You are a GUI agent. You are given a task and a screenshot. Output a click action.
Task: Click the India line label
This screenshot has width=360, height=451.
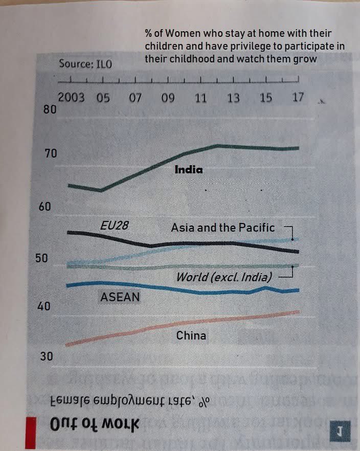click(x=189, y=169)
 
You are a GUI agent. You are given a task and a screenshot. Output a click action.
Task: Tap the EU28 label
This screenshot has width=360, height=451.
click(x=114, y=225)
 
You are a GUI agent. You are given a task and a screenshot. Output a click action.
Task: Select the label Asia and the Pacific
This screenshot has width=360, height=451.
click(x=223, y=228)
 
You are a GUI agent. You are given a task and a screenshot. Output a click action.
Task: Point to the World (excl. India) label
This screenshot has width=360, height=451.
click(x=224, y=277)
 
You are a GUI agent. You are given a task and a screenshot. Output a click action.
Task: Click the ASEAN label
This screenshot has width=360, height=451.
click(x=120, y=297)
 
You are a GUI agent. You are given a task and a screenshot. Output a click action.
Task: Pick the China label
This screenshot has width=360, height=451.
click(x=191, y=335)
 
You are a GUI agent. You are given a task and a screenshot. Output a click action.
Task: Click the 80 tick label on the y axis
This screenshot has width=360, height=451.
click(x=50, y=108)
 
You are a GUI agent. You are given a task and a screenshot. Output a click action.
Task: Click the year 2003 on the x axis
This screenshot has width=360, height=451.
click(x=71, y=98)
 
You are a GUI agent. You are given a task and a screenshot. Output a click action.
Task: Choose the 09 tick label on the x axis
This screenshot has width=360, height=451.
click(x=168, y=98)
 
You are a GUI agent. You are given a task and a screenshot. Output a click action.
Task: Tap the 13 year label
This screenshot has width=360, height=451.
click(x=233, y=98)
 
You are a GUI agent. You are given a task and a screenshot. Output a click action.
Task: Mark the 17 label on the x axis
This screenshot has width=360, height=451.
click(x=298, y=97)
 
